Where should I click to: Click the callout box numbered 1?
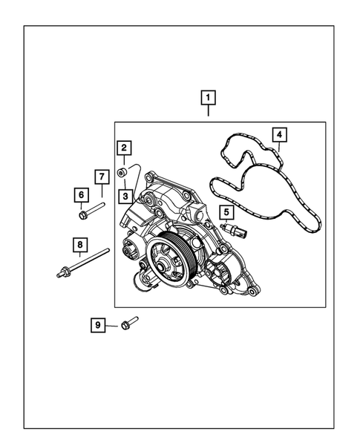tap(208, 96)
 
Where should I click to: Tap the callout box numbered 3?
tap(127, 197)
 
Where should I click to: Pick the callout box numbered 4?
tap(278, 134)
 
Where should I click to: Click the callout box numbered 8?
tap(78, 243)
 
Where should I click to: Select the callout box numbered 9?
tap(97, 325)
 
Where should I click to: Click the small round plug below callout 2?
tap(123, 174)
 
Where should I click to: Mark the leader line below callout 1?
tap(208, 111)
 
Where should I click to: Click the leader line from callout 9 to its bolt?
tap(112, 325)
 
